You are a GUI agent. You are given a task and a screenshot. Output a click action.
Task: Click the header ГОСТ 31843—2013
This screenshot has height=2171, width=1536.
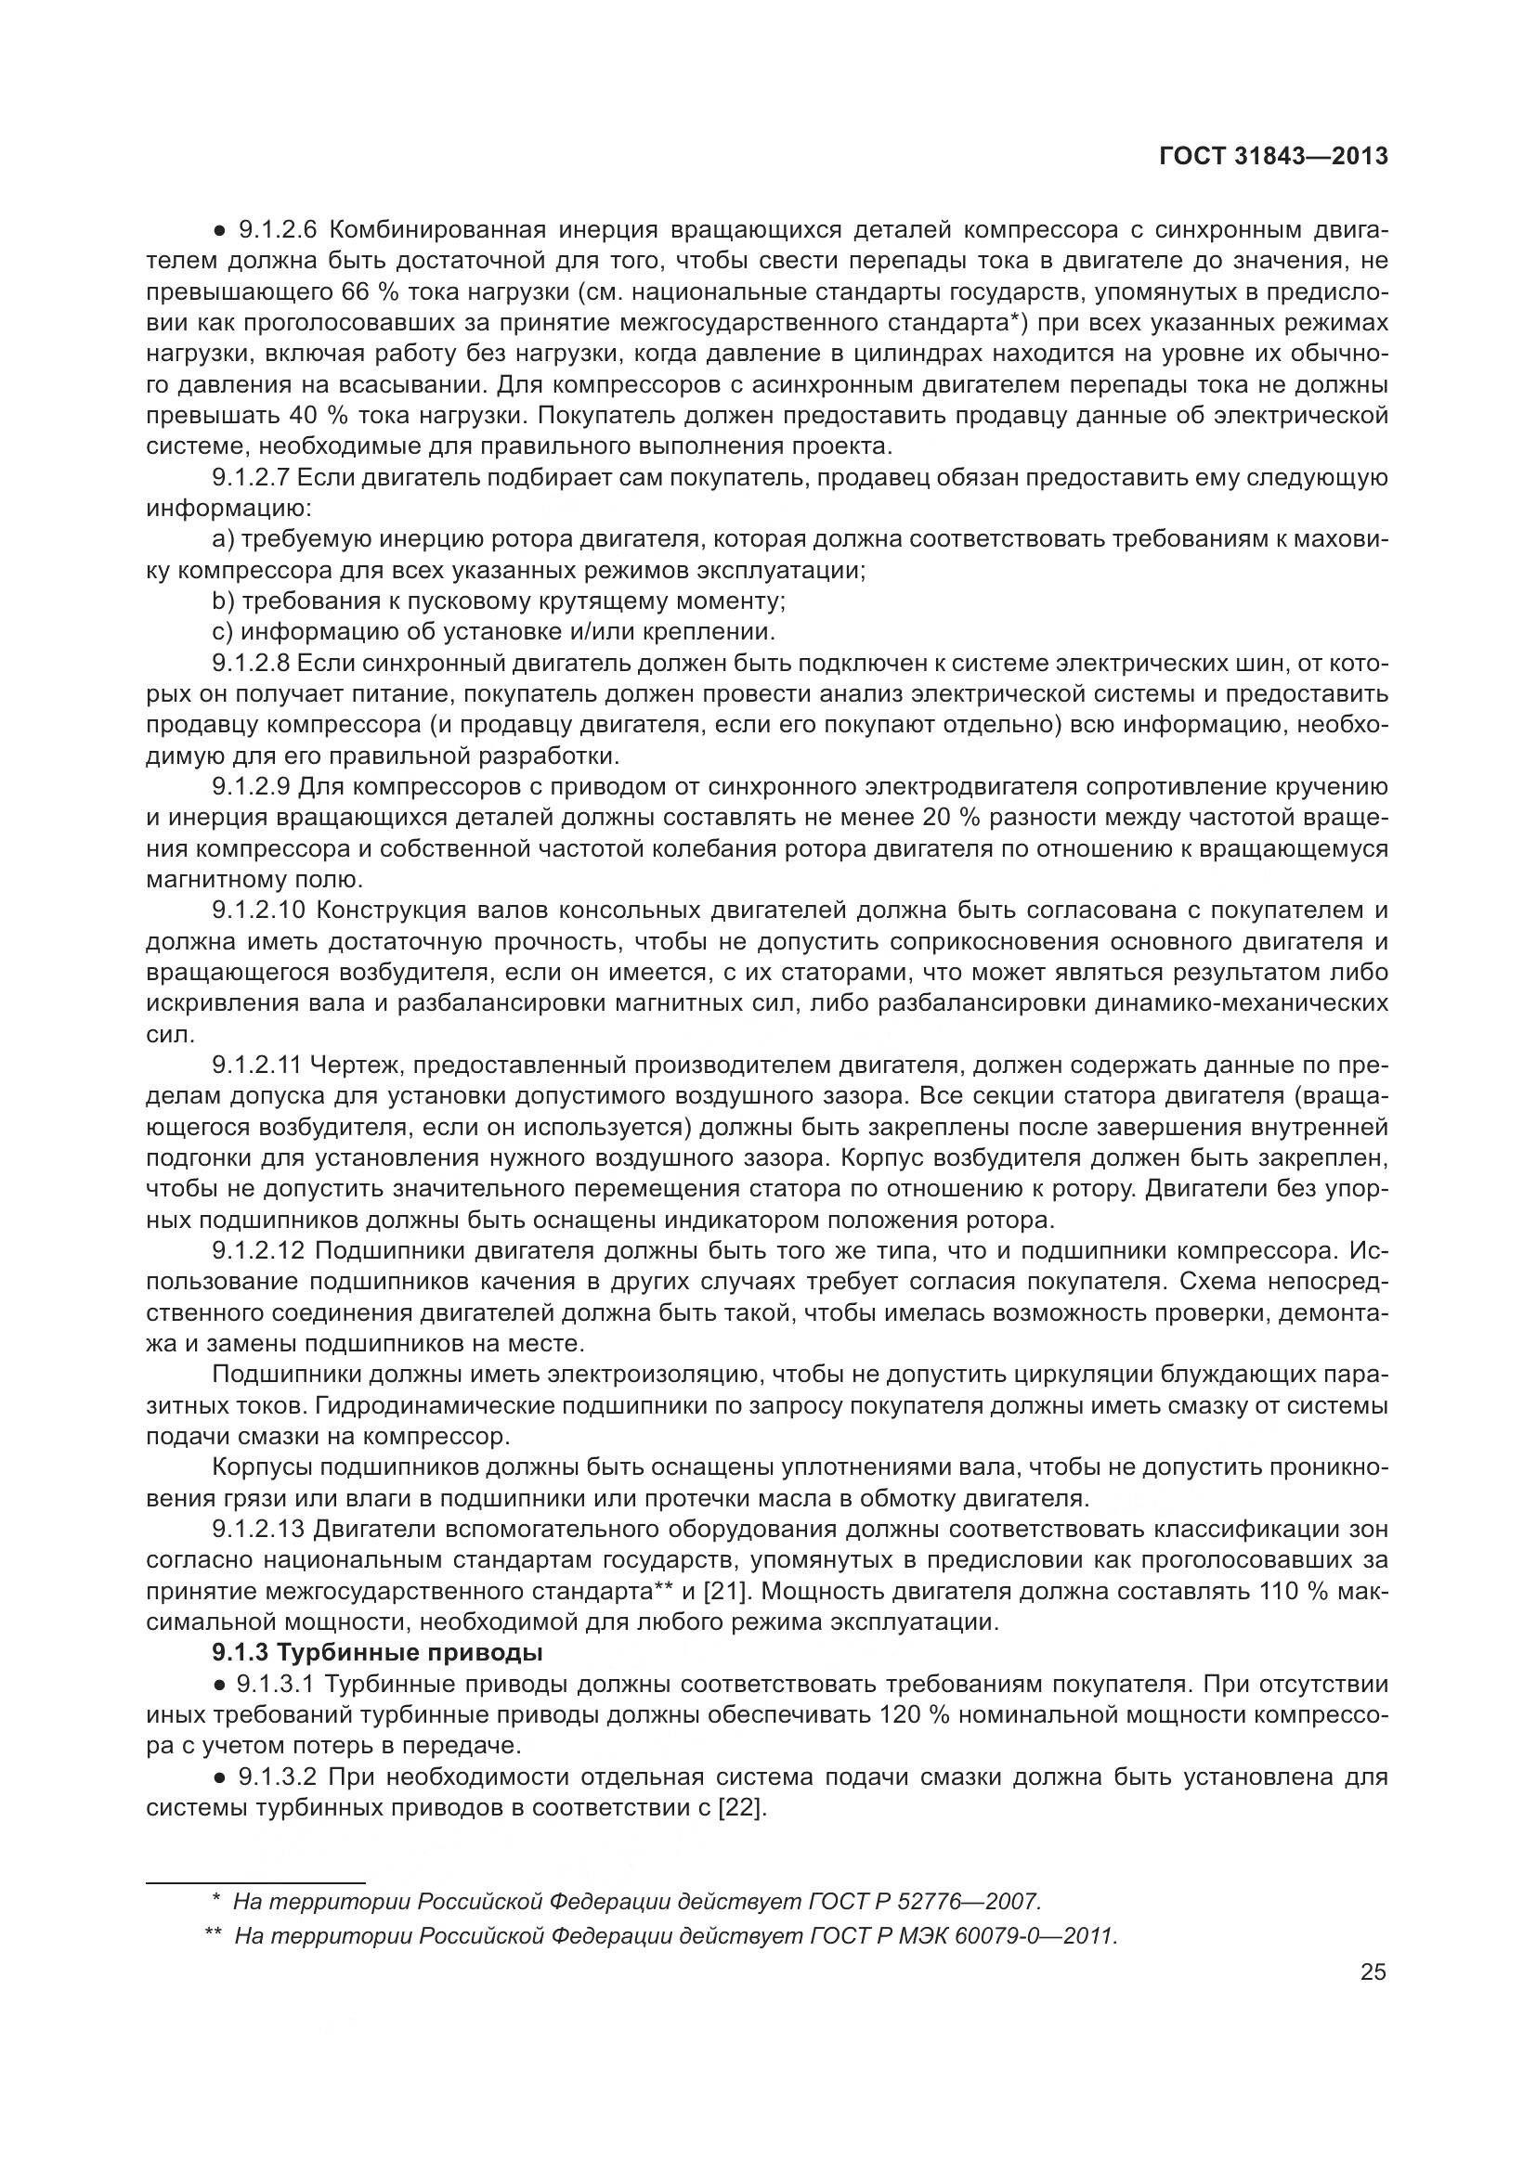click(1273, 156)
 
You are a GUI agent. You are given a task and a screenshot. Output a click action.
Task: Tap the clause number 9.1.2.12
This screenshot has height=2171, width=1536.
click(257, 1251)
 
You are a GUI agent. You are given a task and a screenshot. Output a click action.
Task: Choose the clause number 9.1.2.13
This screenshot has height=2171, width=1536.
click(257, 1529)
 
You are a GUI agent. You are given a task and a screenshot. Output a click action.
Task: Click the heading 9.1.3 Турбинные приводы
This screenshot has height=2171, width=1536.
click(377, 1654)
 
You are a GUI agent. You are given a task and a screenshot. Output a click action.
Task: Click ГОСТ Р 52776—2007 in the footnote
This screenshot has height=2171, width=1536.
click(924, 1902)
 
